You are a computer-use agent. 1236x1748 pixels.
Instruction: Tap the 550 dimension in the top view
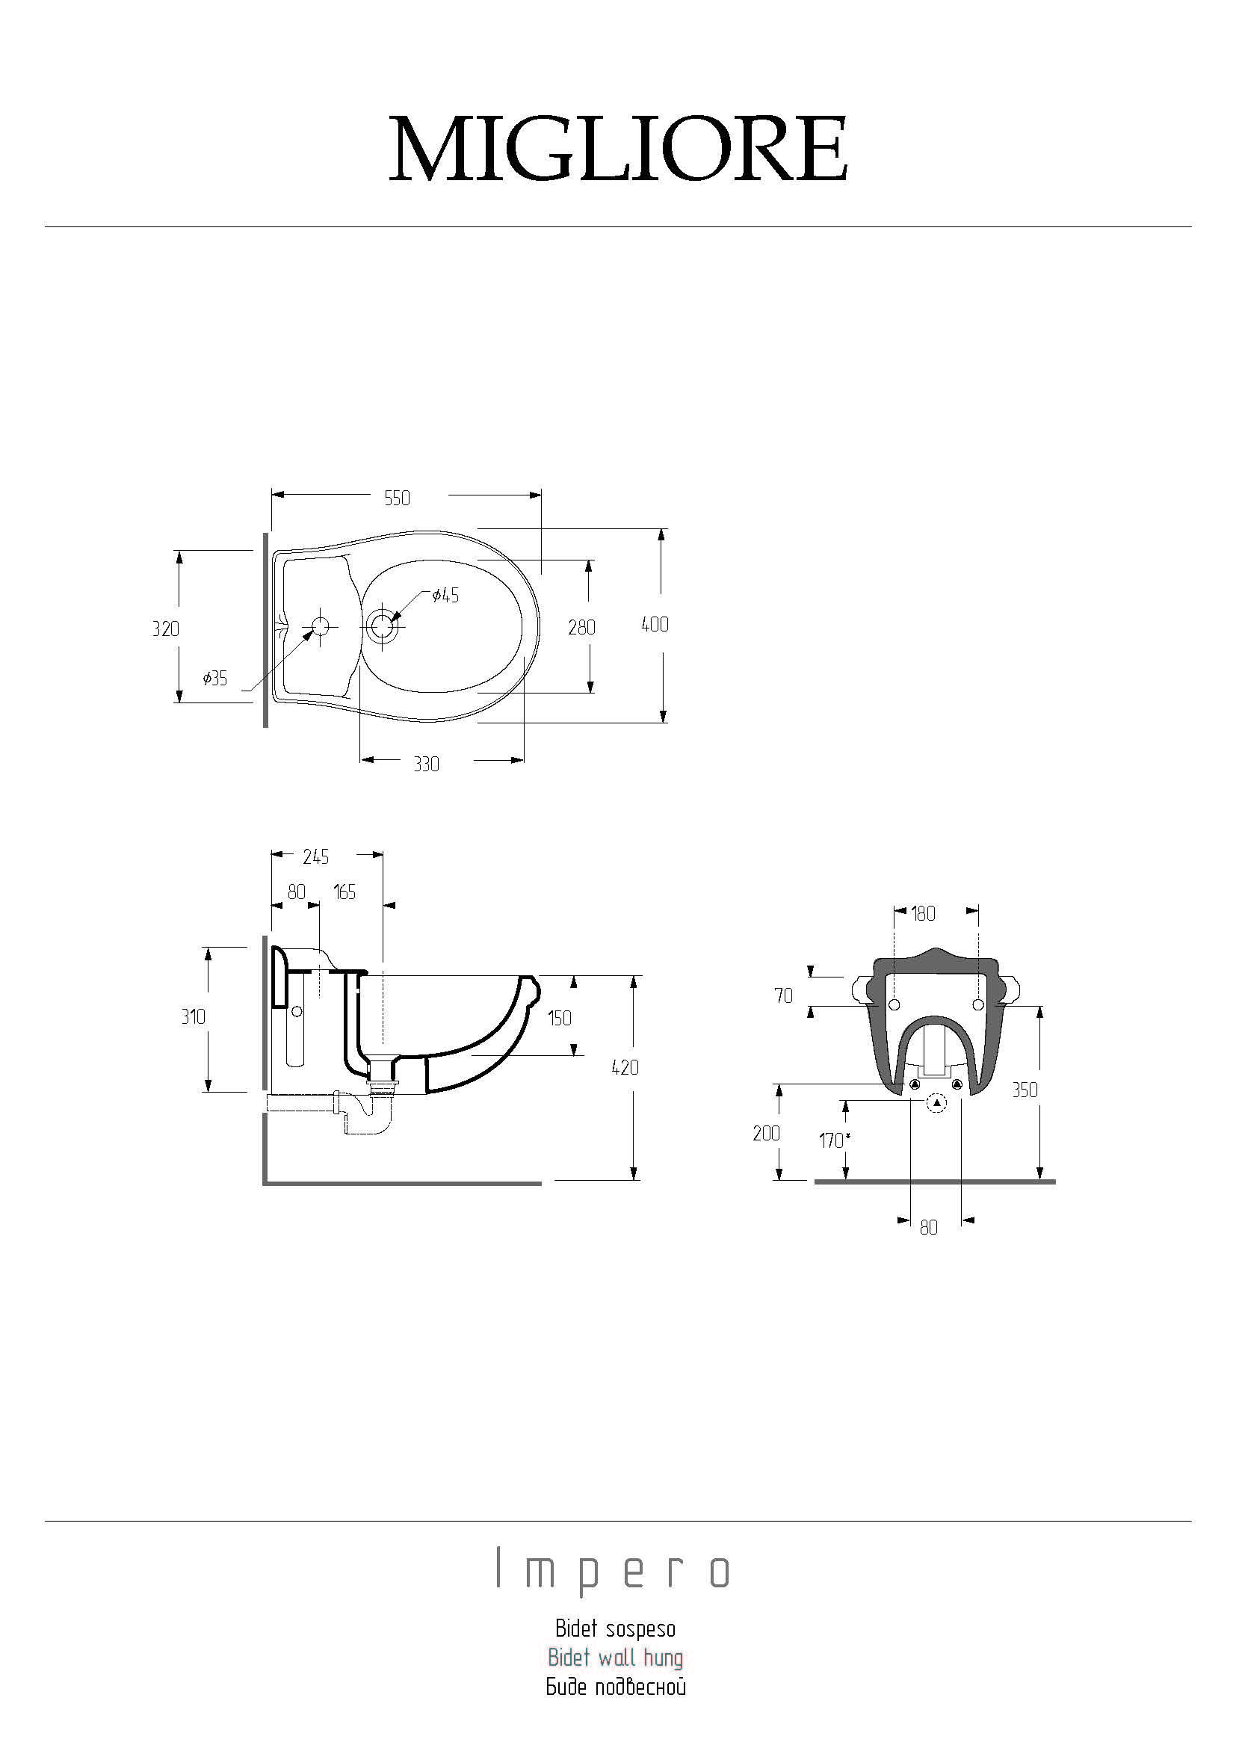[398, 498]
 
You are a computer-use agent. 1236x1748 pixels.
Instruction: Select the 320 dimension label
[165, 629]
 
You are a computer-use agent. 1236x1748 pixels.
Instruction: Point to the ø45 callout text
[445, 596]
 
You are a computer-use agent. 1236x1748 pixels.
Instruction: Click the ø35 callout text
[214, 678]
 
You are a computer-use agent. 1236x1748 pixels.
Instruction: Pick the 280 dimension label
[581, 627]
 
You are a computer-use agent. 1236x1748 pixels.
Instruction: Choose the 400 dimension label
[655, 624]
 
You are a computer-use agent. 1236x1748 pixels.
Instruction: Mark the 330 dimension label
[426, 765]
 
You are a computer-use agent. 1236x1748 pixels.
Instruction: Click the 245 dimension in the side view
[316, 857]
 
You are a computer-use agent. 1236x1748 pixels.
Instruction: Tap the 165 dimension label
[344, 892]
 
